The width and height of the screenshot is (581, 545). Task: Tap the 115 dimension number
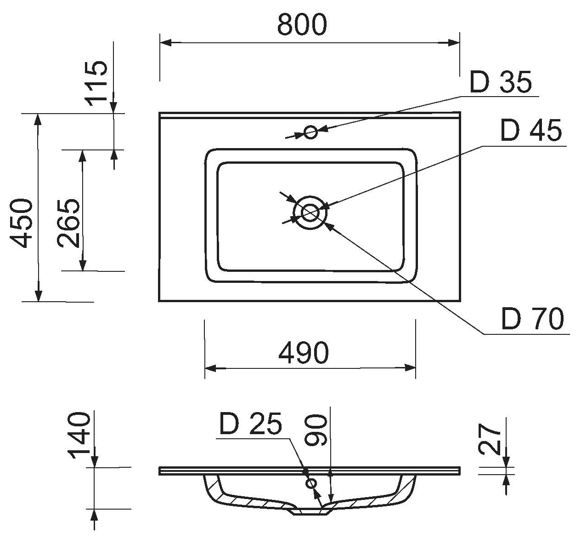pos(97,83)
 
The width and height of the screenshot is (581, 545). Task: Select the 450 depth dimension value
pos(22,223)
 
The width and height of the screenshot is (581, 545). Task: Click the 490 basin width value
pos(304,353)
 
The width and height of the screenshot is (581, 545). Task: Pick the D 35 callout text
pos(501,82)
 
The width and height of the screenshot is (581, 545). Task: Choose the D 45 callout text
pos(531,131)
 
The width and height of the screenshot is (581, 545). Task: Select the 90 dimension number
pos(316,430)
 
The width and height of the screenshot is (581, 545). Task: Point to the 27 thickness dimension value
pos(490,440)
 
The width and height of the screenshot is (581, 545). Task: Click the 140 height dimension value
pos(79,436)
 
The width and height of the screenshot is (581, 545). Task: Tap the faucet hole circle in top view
pos(310,132)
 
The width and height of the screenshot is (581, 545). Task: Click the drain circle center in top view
pos(310,212)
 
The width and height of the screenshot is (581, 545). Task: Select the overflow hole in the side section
pos(311,483)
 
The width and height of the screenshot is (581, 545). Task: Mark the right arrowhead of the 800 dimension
pos(455,43)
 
